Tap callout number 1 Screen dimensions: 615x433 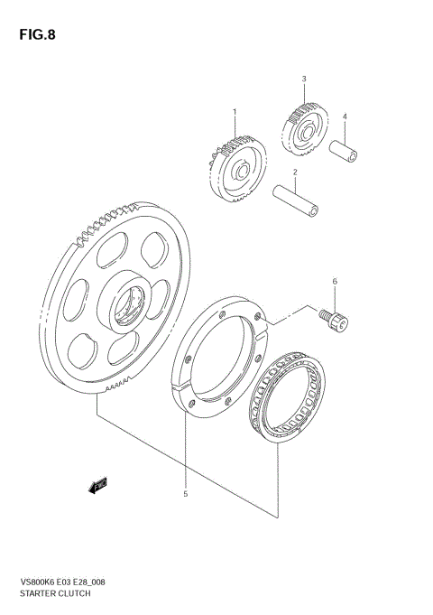[235, 113]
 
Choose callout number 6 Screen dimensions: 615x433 [335, 282]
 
